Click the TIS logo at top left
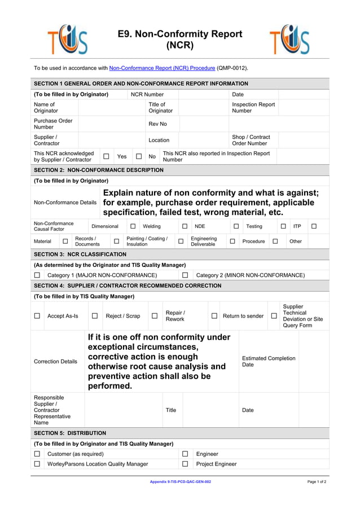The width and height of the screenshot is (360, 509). tap(67, 40)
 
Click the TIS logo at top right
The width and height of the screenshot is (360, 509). tap(289, 40)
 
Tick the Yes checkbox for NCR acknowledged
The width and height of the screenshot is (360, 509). tap(106, 156)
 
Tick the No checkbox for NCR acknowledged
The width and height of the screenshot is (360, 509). tap(138, 156)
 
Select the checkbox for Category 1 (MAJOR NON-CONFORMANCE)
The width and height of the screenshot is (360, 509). tap(37, 275)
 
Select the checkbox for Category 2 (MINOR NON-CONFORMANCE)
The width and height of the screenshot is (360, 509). tap(185, 275)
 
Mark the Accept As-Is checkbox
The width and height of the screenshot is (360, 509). tap(37, 316)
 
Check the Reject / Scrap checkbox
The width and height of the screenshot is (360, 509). tap(95, 316)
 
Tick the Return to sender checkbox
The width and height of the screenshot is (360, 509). tap(214, 316)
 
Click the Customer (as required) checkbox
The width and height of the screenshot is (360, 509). tap(37, 454)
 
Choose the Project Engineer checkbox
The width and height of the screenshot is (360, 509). tap(185, 464)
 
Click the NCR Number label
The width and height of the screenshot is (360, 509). tap(147, 94)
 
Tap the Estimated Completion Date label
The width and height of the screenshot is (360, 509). tap(268, 362)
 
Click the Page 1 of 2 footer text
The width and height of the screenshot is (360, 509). tap(317, 482)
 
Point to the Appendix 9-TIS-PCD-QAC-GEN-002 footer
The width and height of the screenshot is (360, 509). tap(180, 482)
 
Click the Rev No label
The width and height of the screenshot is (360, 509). tap(157, 124)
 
